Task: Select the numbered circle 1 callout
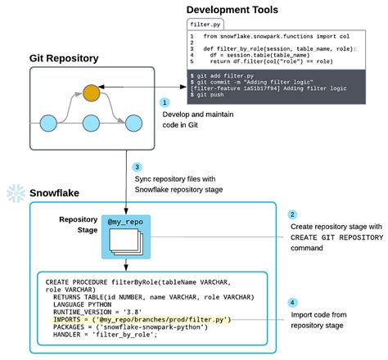(x=165, y=103)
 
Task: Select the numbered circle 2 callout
(x=292, y=215)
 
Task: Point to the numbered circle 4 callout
(x=292, y=302)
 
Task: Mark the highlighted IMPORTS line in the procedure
(x=138, y=320)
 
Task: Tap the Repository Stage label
(x=79, y=225)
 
